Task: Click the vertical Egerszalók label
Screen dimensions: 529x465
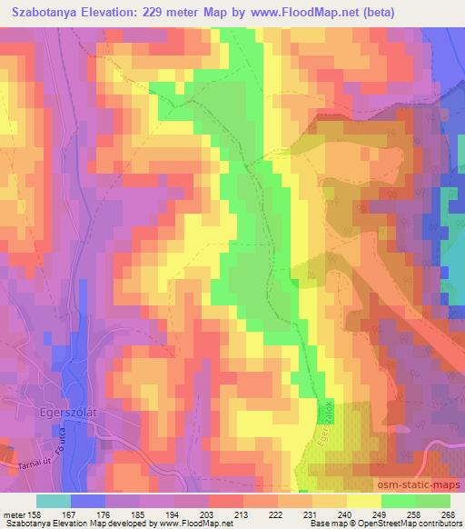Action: tap(324, 422)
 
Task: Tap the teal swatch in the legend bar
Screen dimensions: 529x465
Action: tap(54, 501)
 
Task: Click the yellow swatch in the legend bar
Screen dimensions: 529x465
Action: tap(363, 501)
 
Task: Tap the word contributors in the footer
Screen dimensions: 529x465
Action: tap(438, 524)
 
